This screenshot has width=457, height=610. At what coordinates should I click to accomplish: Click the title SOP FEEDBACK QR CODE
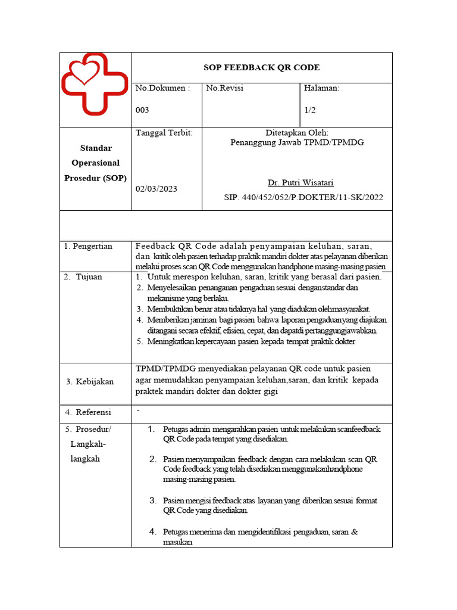(x=261, y=67)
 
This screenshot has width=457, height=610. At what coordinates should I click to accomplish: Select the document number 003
(x=142, y=110)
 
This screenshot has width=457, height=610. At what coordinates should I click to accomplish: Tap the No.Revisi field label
(x=225, y=88)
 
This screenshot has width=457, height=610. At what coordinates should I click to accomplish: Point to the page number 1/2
(x=311, y=110)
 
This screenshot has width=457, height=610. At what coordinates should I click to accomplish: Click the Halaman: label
(x=321, y=88)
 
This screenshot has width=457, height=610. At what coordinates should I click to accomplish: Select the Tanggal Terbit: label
(x=164, y=133)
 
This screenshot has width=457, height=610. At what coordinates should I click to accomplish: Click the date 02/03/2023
(x=156, y=189)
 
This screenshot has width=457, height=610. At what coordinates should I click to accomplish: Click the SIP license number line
(x=303, y=197)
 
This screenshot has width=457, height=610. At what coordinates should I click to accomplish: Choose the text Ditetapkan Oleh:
(x=297, y=133)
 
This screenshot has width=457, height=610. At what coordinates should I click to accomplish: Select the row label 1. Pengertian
(x=89, y=246)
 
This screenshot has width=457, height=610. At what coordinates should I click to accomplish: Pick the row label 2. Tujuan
(x=84, y=277)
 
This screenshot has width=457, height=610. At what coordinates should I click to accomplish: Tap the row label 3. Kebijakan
(x=90, y=381)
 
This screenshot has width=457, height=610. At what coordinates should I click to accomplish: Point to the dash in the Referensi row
(x=138, y=410)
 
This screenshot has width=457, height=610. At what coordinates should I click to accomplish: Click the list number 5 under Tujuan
(x=139, y=341)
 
